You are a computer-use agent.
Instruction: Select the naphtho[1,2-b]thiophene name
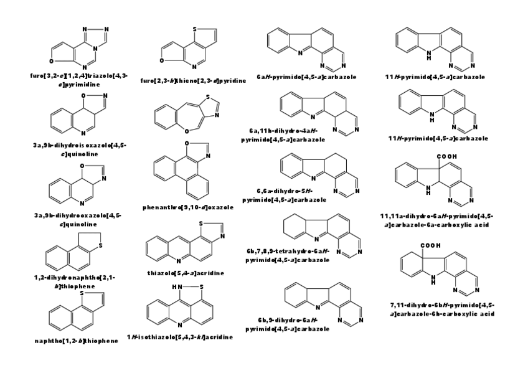76,341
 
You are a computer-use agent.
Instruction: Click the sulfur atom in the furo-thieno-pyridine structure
197,29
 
